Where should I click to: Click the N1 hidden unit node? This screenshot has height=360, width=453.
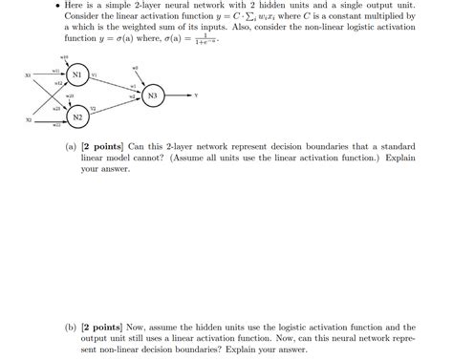point(77,75)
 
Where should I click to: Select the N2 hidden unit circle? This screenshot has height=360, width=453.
point(77,116)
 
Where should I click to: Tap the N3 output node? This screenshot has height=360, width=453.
point(152,96)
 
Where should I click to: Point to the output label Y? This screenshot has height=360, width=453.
point(196,96)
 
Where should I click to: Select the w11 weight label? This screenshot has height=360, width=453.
point(55,70)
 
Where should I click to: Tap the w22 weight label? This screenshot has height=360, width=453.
point(56,125)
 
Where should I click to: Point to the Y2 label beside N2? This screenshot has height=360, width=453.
point(94,109)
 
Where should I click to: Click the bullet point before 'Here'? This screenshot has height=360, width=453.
point(66,7)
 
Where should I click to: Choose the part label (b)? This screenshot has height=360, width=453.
point(72,326)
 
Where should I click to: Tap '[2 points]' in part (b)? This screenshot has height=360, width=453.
point(101,326)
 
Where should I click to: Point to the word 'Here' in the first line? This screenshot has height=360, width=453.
point(84,7)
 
